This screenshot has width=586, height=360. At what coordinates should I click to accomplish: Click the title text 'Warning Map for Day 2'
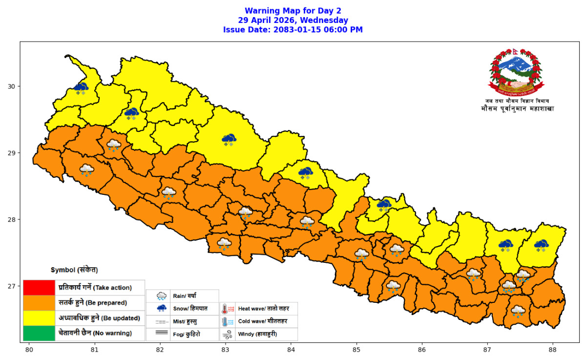[293, 11]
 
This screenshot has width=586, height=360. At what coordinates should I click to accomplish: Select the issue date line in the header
[293, 29]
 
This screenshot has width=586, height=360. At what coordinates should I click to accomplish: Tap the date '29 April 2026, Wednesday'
[293, 20]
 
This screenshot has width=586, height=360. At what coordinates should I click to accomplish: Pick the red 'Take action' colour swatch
[39, 287]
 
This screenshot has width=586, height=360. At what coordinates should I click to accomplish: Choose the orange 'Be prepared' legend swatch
[39, 302]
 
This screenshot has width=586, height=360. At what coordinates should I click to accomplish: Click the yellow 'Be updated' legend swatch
[39, 318]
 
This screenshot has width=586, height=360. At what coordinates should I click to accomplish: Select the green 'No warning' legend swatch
[39, 333]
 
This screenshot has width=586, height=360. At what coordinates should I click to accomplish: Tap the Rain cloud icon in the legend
[162, 296]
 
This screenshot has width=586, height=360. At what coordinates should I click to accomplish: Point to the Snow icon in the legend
[162, 309]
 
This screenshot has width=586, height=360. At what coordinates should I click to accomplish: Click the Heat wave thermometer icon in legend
[228, 309]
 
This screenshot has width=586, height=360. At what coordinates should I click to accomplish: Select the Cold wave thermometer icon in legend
[228, 322]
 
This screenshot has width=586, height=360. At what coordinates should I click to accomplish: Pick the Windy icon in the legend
[228, 335]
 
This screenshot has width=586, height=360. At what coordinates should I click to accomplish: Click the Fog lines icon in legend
[162, 335]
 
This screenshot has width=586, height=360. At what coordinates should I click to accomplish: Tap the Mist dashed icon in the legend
[162, 322]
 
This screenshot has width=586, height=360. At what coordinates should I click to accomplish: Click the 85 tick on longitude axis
[356, 350]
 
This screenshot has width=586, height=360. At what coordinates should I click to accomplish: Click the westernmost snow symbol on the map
[81, 88]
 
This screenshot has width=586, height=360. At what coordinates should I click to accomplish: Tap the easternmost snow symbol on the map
[541, 245]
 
